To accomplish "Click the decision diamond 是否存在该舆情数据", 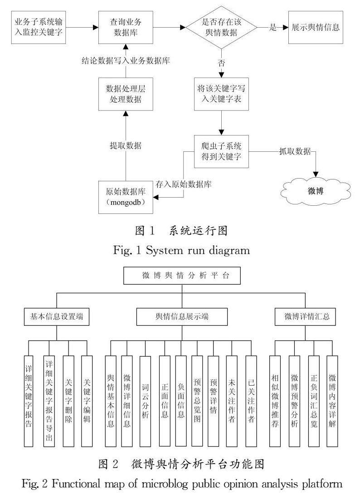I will coord(221,27).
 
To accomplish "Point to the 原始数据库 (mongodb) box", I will coord(124,197).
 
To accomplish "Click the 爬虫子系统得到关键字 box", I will coord(221,152).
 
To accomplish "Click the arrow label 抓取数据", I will coord(295,152).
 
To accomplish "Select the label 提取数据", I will coord(126,145).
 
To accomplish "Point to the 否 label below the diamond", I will coord(221,63).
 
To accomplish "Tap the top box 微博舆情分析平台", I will coord(182,275).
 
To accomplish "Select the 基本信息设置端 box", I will coord(56,317).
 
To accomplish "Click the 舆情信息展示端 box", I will coord(182,317).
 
